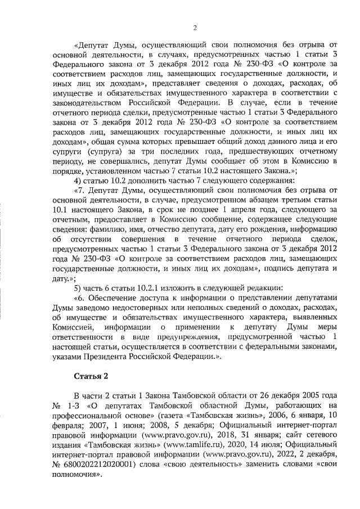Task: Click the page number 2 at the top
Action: [193, 28]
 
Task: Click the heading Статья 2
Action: [91, 376]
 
